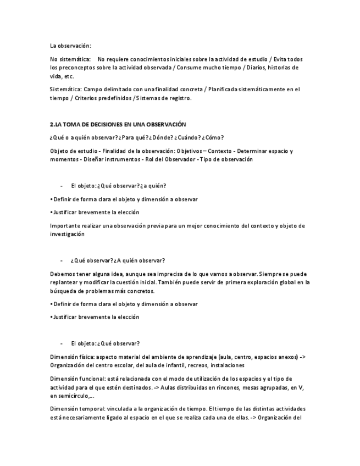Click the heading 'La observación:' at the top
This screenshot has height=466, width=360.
coord(71,46)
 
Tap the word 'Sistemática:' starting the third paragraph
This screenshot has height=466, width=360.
coord(66,89)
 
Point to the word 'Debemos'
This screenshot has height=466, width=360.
coord(62,274)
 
